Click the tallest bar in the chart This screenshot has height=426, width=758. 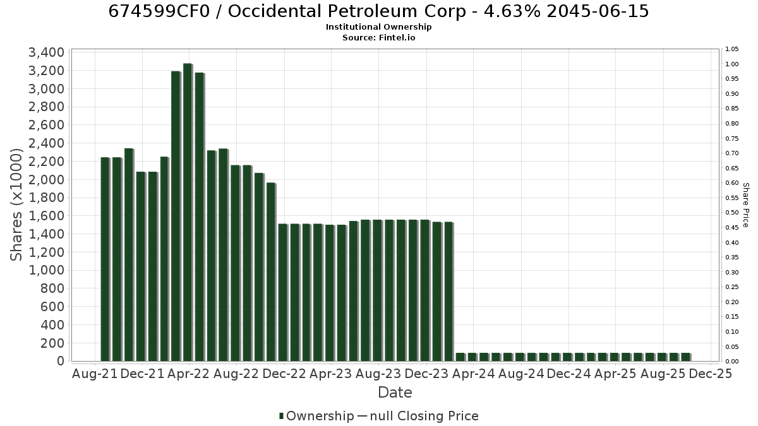(188, 212)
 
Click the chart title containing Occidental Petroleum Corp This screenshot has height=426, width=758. (378, 11)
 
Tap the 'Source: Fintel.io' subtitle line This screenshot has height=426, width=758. (378, 37)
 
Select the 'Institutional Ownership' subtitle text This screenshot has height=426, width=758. (378, 27)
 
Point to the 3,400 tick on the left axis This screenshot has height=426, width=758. (46, 52)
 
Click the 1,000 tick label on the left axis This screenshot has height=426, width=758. (46, 270)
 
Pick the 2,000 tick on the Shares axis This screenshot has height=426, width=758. (46, 179)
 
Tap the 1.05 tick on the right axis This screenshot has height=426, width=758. (731, 49)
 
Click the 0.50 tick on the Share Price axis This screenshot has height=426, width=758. (731, 213)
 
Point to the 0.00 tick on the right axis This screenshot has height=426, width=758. (731, 362)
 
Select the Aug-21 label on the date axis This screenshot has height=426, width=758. (95, 374)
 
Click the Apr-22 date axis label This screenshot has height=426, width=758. (189, 374)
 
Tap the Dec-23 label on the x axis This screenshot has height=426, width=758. (426, 374)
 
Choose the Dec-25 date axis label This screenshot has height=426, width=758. (711, 374)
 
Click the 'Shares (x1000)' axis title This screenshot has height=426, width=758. (16, 204)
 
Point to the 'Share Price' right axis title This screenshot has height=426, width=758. (745, 205)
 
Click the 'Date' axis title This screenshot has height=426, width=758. (395, 393)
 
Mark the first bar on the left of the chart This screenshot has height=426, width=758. (105, 259)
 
